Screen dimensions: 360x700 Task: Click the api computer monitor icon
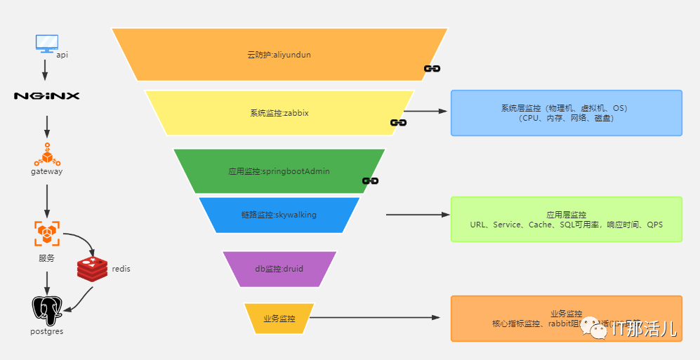46,43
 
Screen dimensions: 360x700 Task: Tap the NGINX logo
47,95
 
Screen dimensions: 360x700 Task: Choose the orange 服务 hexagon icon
47,234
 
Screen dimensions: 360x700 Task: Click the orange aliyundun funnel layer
279,54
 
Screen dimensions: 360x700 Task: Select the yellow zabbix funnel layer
279,112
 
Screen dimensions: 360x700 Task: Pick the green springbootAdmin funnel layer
279,171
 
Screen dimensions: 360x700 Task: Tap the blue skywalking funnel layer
279,215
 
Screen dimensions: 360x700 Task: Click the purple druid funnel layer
279,268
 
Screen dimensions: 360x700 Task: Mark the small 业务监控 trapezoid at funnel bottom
279,319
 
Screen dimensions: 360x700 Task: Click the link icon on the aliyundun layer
432,69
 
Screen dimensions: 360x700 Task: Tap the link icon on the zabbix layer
399,123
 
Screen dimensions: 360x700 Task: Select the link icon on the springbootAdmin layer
371,181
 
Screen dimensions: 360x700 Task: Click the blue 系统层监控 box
566,113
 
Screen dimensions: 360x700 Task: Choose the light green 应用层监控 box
566,219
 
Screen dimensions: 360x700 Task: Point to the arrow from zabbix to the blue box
425,111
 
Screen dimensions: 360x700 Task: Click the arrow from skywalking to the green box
417,215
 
